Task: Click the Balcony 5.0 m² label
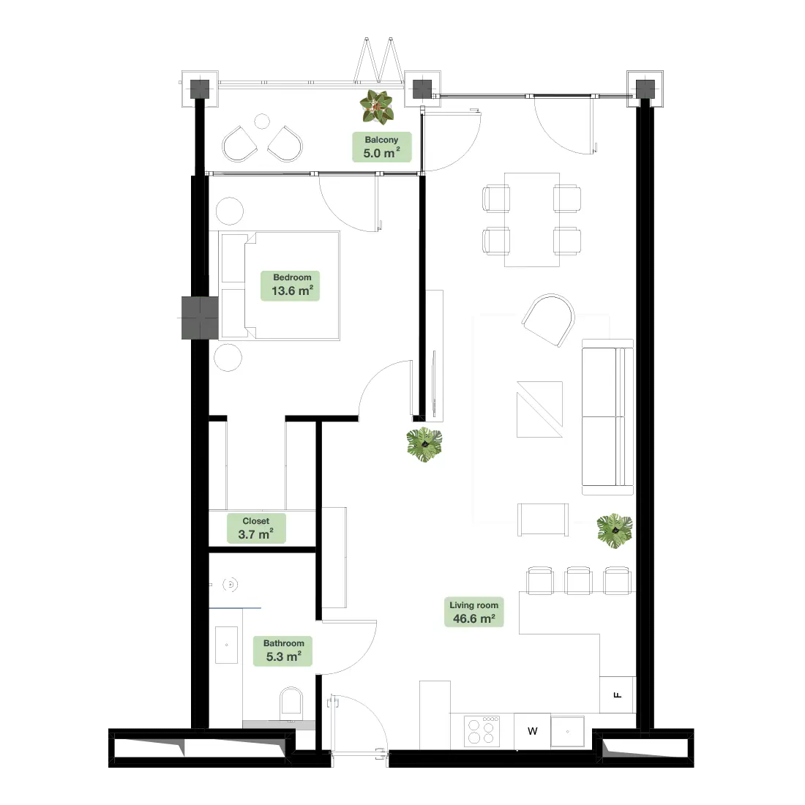[x=381, y=147]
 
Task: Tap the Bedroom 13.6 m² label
[x=290, y=285]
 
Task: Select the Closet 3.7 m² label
[x=256, y=528]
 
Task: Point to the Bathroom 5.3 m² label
[x=283, y=651]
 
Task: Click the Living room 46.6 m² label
[x=474, y=613]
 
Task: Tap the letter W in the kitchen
[x=532, y=731]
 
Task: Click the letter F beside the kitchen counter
[x=618, y=695]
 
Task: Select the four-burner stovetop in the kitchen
[x=482, y=731]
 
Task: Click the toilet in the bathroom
[x=291, y=704]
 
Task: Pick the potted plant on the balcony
[x=377, y=107]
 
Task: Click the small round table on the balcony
[x=262, y=121]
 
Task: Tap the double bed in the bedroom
[x=280, y=285]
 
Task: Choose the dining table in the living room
[x=532, y=220]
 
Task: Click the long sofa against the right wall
[x=608, y=417]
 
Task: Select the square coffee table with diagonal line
[x=539, y=409]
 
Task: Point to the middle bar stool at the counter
[x=578, y=580]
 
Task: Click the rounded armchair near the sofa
[x=549, y=320]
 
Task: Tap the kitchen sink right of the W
[x=568, y=732]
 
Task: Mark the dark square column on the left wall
[x=200, y=318]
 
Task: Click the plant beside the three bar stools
[x=615, y=531]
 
